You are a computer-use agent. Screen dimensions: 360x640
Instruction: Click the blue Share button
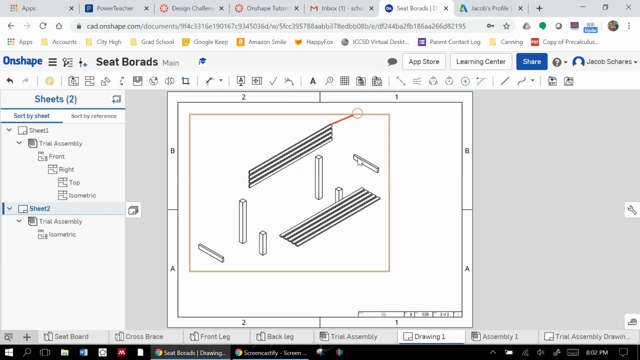tap(531, 61)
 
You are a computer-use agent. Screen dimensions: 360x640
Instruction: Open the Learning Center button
tap(480, 61)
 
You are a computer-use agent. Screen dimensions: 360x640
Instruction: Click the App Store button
tap(423, 61)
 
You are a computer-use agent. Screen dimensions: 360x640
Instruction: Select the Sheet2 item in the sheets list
tap(39, 208)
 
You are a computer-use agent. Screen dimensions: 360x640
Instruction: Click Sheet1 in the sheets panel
tap(38, 130)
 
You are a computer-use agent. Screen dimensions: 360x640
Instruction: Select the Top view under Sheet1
tap(74, 182)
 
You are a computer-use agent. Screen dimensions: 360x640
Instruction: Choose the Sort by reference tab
tap(93, 116)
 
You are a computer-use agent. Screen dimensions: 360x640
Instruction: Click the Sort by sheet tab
tap(31, 116)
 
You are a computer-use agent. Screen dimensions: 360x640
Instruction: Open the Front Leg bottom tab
tap(214, 336)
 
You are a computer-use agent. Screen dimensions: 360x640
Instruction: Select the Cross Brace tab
tap(144, 336)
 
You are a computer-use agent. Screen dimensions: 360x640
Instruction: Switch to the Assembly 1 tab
tap(499, 336)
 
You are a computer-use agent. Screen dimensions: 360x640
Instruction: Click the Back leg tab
tap(280, 336)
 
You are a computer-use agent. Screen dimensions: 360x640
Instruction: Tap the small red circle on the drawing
tap(357, 114)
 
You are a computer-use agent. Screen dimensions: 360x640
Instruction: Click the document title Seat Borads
tap(127, 62)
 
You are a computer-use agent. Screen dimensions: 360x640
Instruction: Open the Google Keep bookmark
tap(210, 42)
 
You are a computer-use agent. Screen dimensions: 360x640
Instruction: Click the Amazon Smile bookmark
tap(267, 42)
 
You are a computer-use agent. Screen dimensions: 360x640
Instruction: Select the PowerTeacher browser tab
tap(115, 8)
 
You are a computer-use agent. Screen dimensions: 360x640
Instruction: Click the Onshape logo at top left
tap(22, 61)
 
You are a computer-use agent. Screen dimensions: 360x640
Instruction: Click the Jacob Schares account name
tap(608, 61)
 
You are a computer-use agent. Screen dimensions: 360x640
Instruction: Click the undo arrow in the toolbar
tap(9, 81)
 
